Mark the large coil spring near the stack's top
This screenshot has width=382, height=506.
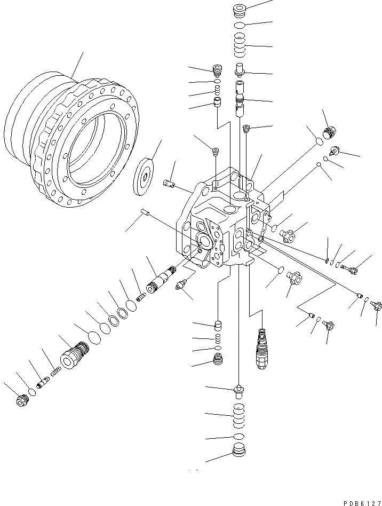pos(240,45)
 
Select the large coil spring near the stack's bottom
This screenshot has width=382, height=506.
pos(240,414)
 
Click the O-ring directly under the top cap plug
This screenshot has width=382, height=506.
pos(240,25)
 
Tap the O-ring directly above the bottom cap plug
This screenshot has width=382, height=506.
pos(240,437)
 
